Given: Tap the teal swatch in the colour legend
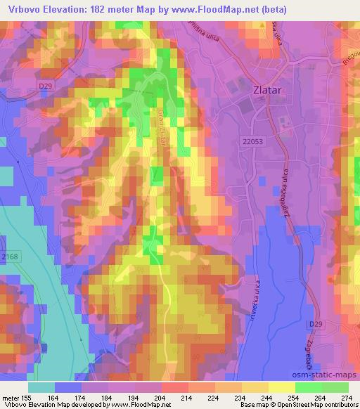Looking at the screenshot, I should point(41,387).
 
